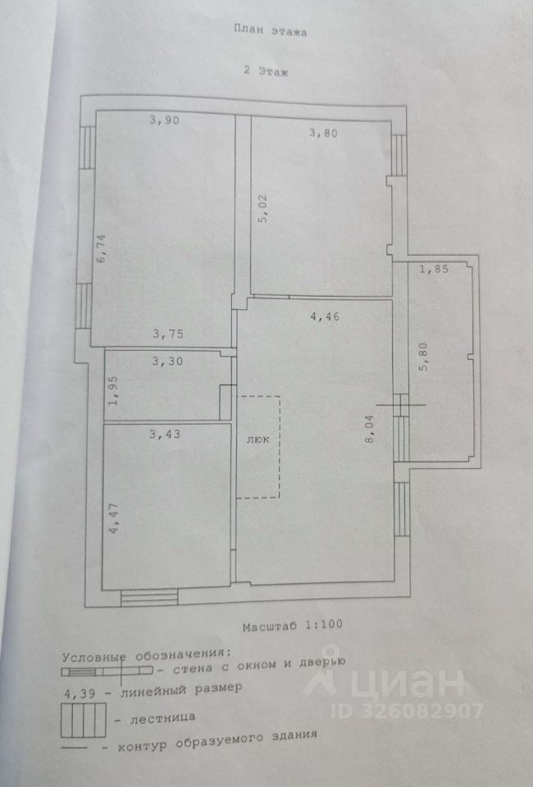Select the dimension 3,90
163,121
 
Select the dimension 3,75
168,334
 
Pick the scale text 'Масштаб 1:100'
292,625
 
